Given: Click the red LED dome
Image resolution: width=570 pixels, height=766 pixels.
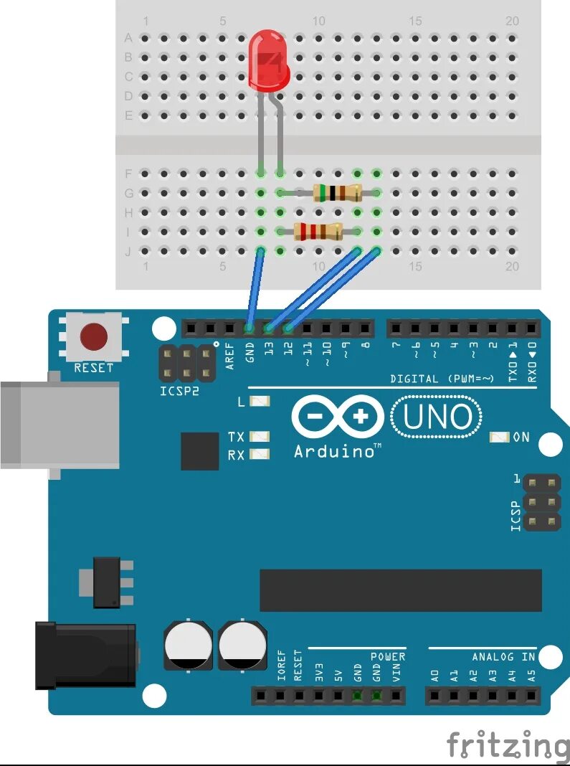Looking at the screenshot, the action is [x=269, y=61].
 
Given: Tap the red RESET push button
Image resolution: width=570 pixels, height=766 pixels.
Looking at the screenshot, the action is [x=93, y=336].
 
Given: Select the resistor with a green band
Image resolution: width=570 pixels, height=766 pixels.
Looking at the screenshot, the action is [x=337, y=192].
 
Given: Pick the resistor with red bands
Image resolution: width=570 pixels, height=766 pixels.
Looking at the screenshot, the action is [x=318, y=231].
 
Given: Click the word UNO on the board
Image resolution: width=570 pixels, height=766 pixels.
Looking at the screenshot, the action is [x=437, y=417].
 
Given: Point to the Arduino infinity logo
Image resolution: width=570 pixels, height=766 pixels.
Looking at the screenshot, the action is [x=338, y=417].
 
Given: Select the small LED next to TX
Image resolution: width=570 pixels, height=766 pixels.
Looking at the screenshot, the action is [x=260, y=436].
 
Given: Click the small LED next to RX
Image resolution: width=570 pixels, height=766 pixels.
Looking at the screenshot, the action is [x=260, y=454].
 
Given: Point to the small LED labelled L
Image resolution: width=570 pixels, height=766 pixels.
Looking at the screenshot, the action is [x=260, y=402].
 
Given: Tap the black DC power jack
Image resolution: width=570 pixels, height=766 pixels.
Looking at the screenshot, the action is [x=86, y=655].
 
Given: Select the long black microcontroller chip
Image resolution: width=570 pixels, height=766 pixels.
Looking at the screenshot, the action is [x=400, y=590].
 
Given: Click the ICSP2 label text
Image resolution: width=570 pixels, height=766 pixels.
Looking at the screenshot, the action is [x=179, y=392].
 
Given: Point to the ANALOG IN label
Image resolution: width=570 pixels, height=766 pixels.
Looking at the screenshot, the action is [x=503, y=656].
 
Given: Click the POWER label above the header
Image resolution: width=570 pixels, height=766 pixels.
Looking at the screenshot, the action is [x=388, y=656].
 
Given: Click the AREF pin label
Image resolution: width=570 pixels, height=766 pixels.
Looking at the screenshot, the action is [x=230, y=356].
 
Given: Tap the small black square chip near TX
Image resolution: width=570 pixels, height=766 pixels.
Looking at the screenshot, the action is [x=199, y=451].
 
